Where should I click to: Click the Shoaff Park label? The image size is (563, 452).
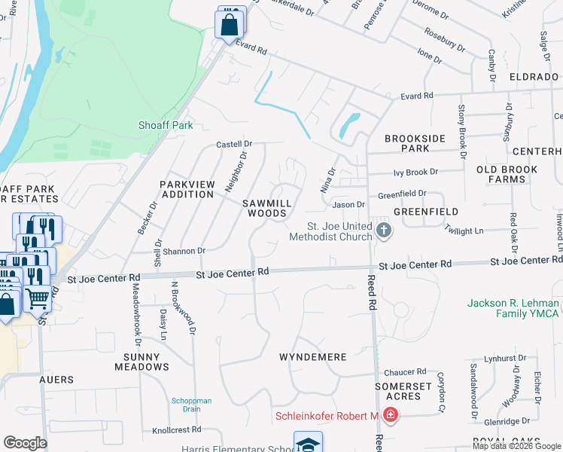click(x=166, y=126)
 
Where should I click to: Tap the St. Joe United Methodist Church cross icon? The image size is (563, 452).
click(x=384, y=231)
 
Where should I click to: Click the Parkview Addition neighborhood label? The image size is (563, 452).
click(x=187, y=189)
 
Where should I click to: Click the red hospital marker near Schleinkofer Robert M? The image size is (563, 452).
click(x=390, y=415)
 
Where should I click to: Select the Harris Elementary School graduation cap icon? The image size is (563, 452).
click(x=308, y=444)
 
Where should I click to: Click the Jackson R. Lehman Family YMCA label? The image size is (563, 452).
click(x=513, y=308)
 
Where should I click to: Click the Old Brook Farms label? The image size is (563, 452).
click(x=512, y=175)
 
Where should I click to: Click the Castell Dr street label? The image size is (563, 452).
click(x=233, y=144)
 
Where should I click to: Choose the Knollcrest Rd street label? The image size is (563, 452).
click(x=177, y=429)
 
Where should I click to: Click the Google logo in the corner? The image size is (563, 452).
click(x=26, y=442)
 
